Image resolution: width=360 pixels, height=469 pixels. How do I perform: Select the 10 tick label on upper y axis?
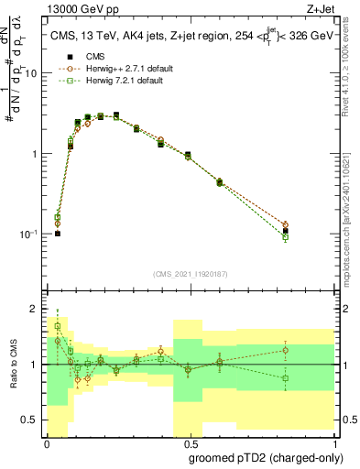(33, 73)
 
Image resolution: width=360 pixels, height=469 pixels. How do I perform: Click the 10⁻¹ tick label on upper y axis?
(30, 234)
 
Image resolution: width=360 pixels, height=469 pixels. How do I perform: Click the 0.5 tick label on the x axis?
(188, 442)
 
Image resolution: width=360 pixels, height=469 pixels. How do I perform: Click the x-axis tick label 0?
(47, 442)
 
